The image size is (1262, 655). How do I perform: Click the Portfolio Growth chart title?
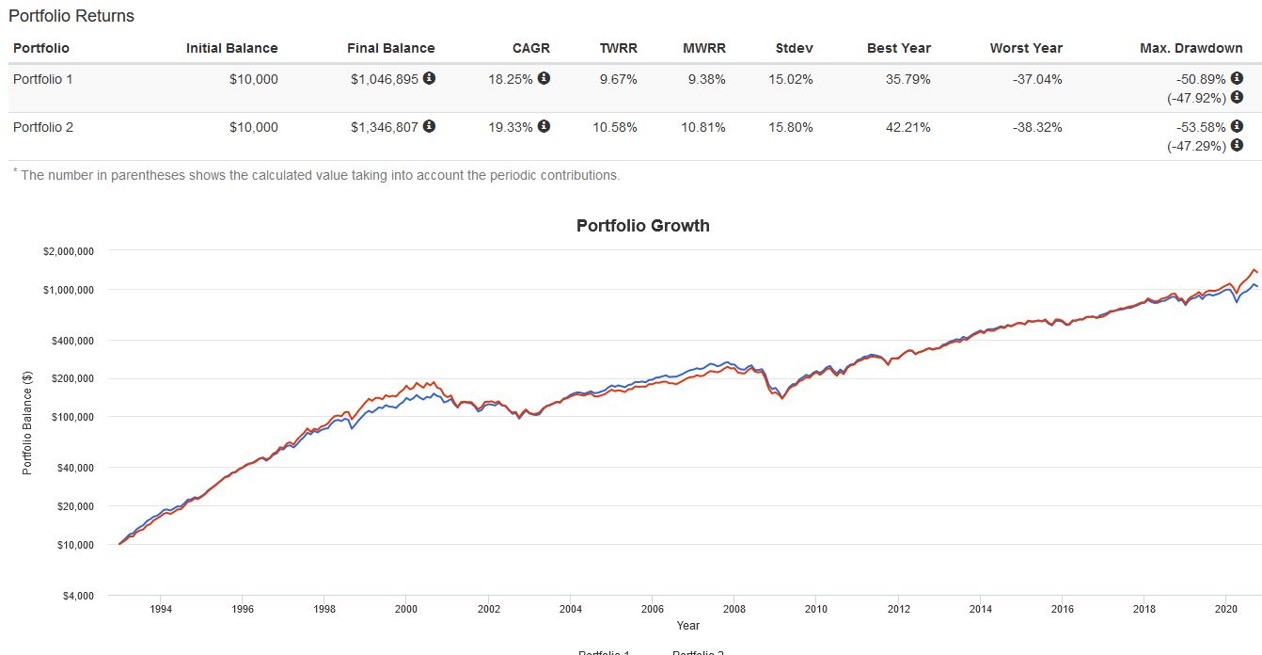(x=642, y=226)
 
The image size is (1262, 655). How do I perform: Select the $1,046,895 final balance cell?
(x=384, y=79)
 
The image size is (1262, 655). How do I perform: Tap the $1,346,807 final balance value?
(x=384, y=127)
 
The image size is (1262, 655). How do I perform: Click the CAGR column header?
(x=531, y=48)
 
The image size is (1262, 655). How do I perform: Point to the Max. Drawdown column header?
(x=1191, y=48)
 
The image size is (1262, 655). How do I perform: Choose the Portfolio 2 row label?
(x=43, y=127)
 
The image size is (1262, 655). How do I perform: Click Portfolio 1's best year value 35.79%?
(x=907, y=79)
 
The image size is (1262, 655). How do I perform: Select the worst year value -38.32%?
(x=1037, y=127)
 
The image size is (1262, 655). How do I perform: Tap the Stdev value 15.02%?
(x=790, y=79)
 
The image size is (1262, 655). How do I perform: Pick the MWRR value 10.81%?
(x=703, y=127)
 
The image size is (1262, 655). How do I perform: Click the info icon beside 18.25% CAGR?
(x=544, y=78)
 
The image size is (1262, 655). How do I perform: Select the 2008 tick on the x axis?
(x=734, y=609)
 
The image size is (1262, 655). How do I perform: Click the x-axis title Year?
(x=687, y=625)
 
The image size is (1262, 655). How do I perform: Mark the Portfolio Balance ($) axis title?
(x=27, y=423)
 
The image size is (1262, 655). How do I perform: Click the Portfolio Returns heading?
(x=71, y=16)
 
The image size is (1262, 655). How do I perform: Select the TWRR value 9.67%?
(x=618, y=79)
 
